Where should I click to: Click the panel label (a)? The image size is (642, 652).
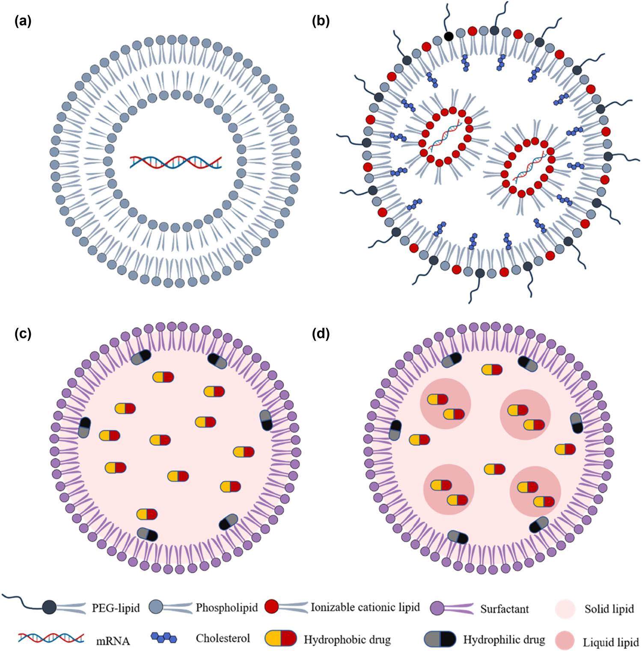23,21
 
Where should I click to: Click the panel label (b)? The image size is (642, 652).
321,21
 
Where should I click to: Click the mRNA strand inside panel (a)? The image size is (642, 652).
176,162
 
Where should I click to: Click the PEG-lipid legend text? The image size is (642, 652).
116,608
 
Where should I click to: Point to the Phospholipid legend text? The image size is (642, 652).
226,607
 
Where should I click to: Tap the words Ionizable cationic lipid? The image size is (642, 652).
365,607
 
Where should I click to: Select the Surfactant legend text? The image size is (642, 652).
504,609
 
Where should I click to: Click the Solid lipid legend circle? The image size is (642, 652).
565,609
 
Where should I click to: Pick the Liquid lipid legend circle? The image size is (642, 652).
565,641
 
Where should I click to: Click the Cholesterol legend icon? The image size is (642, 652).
164,638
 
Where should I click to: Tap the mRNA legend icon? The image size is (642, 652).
51,638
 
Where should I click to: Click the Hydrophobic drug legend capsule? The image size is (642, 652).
281,638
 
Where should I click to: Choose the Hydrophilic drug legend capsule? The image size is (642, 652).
440,638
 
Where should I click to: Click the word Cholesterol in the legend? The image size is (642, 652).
223,638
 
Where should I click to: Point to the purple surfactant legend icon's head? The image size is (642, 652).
437,608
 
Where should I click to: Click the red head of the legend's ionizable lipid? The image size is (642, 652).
272,606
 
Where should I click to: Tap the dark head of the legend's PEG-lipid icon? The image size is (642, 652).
49,607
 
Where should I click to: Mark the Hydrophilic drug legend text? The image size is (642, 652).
504,640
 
